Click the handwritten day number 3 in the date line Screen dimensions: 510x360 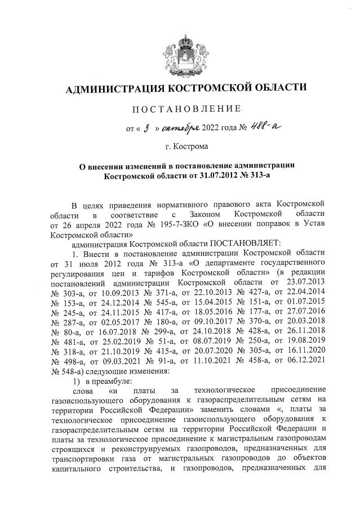(x=145, y=129)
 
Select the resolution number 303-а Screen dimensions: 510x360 (x=74, y=292)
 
